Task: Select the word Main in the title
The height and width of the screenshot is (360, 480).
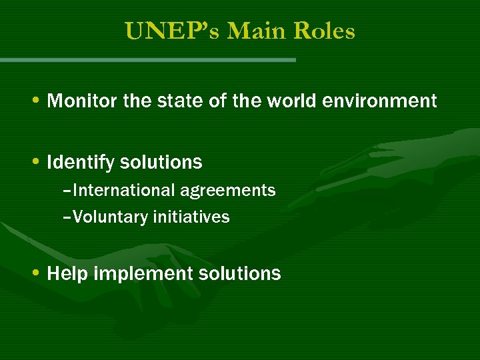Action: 248,31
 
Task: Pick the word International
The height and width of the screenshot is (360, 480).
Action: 124,191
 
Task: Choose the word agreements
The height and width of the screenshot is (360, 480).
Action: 227,191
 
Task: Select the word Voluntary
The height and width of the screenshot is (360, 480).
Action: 110,217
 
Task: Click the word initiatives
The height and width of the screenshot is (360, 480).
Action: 191,217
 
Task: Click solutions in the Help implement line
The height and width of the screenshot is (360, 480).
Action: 240,273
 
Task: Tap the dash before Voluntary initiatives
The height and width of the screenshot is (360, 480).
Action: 67,218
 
